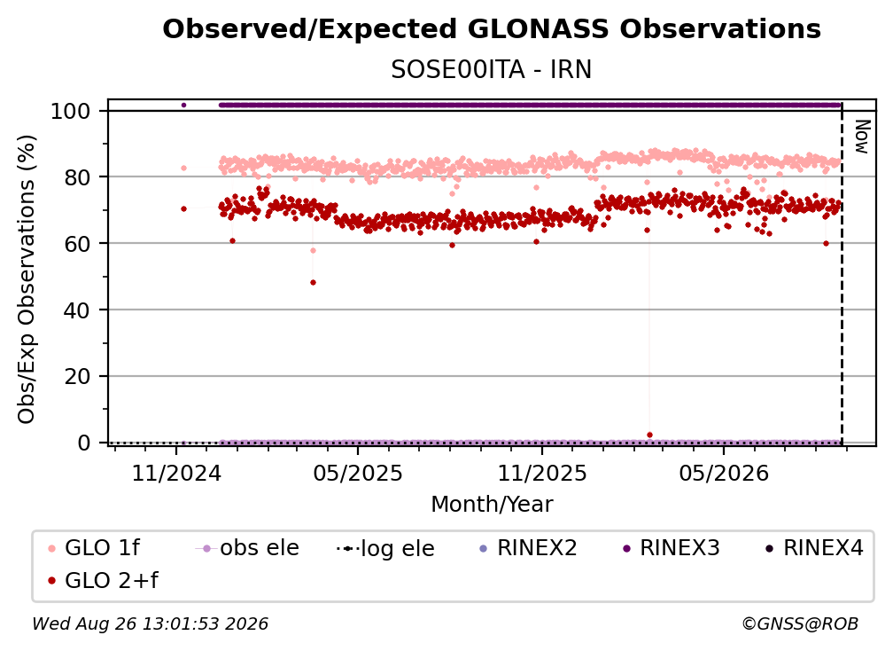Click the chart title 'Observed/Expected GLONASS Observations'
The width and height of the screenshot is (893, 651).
[x=492, y=29]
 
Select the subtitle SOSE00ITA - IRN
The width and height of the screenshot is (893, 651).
[x=492, y=69]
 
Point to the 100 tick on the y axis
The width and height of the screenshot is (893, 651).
[x=71, y=111]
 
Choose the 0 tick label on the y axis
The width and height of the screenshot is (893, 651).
[x=84, y=443]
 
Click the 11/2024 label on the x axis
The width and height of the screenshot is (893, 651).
[x=176, y=473]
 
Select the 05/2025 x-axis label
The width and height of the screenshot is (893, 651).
[x=358, y=473]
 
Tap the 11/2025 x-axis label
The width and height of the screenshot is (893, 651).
[x=542, y=473]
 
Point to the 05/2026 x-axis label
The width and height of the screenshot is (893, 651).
[x=724, y=473]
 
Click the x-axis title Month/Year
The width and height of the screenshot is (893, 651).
[x=492, y=504]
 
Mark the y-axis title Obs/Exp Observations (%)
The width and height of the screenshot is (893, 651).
[x=27, y=279]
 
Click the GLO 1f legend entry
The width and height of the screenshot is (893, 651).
[x=94, y=548]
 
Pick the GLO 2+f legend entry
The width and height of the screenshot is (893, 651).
[x=103, y=581]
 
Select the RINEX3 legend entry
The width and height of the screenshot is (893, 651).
[x=671, y=548]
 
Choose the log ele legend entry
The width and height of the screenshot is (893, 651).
[x=385, y=548]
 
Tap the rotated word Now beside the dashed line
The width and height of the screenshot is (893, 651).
[x=862, y=137]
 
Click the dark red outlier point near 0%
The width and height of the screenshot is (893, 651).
[x=650, y=435]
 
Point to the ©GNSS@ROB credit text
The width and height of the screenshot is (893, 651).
[x=800, y=624]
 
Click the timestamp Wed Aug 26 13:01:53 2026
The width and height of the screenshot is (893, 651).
[x=151, y=624]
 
